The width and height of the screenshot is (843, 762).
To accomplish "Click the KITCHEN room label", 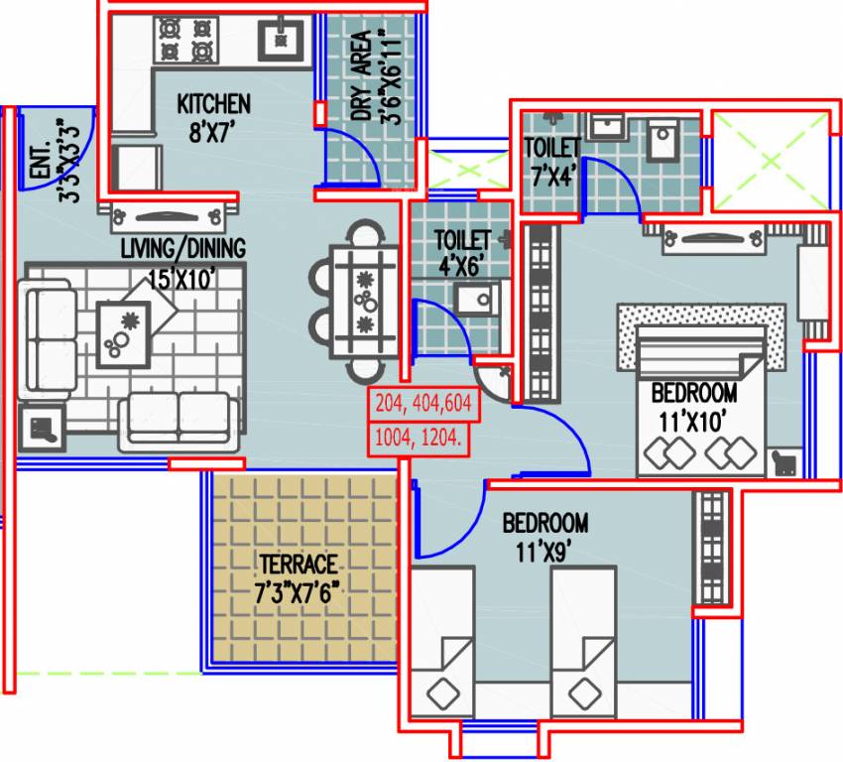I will pos(213,103).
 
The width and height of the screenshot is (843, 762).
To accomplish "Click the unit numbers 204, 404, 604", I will pos(423,404).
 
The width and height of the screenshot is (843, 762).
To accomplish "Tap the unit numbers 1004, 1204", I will pos(419,437).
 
